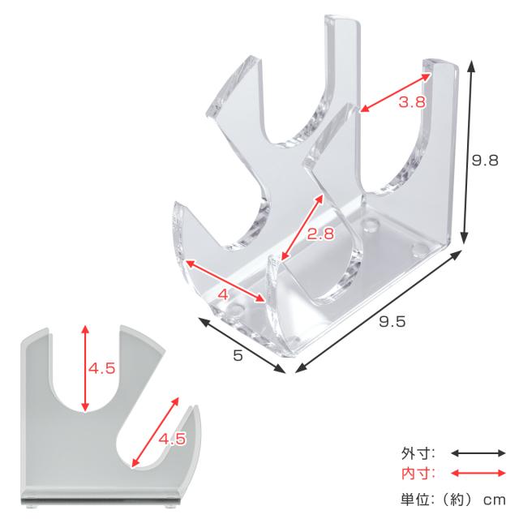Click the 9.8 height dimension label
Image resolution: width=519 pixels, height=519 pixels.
pos(485,161)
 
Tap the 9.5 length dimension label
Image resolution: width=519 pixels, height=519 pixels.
pos(392,321)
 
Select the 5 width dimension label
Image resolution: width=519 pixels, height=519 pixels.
pos(238,355)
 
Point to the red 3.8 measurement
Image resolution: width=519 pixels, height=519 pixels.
pos(412,101)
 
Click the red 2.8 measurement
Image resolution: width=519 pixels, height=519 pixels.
pos(321,234)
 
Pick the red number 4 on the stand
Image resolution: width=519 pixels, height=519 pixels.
pos(224,294)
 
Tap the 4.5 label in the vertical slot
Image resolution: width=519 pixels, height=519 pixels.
pos(101,368)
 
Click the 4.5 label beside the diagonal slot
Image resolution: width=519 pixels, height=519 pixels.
pos(173,439)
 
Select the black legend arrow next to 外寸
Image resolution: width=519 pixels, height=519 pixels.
pos(478,453)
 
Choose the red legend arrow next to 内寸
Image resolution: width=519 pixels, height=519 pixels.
pos(478,474)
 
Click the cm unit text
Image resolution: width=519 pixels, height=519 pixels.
pos(495,500)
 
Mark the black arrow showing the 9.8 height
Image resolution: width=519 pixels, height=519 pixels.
pos(468,152)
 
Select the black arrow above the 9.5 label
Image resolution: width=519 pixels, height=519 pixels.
pos(379,311)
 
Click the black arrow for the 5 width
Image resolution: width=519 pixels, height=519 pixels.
pos(242,345)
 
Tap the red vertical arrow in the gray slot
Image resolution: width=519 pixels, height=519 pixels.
pos(85,368)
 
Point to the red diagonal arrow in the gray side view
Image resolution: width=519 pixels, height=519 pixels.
pos(155,432)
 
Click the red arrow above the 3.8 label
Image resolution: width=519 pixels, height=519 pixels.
pos(396,92)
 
